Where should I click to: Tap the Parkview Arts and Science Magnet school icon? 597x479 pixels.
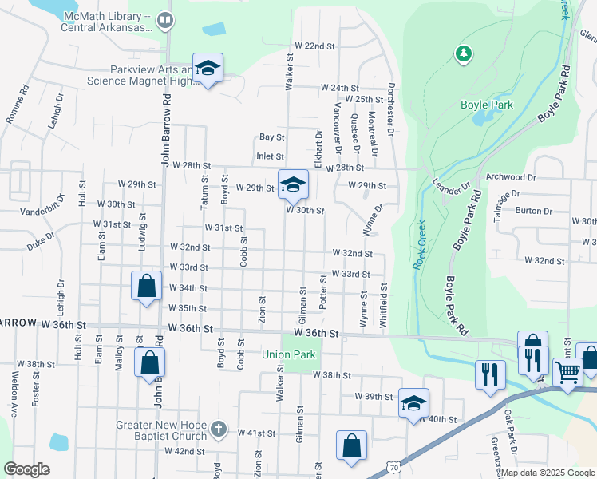click(208, 68)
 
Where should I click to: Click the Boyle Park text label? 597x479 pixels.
click(486, 105)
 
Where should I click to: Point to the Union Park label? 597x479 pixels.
click(289, 354)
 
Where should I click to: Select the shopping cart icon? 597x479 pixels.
click(567, 371)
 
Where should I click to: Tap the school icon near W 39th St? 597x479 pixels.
click(413, 402)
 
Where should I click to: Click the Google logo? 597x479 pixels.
click(26, 469)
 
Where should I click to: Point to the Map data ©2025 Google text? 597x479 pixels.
click(548, 473)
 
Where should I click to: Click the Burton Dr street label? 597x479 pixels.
click(534, 212)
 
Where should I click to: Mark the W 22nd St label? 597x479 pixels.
click(314, 46)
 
